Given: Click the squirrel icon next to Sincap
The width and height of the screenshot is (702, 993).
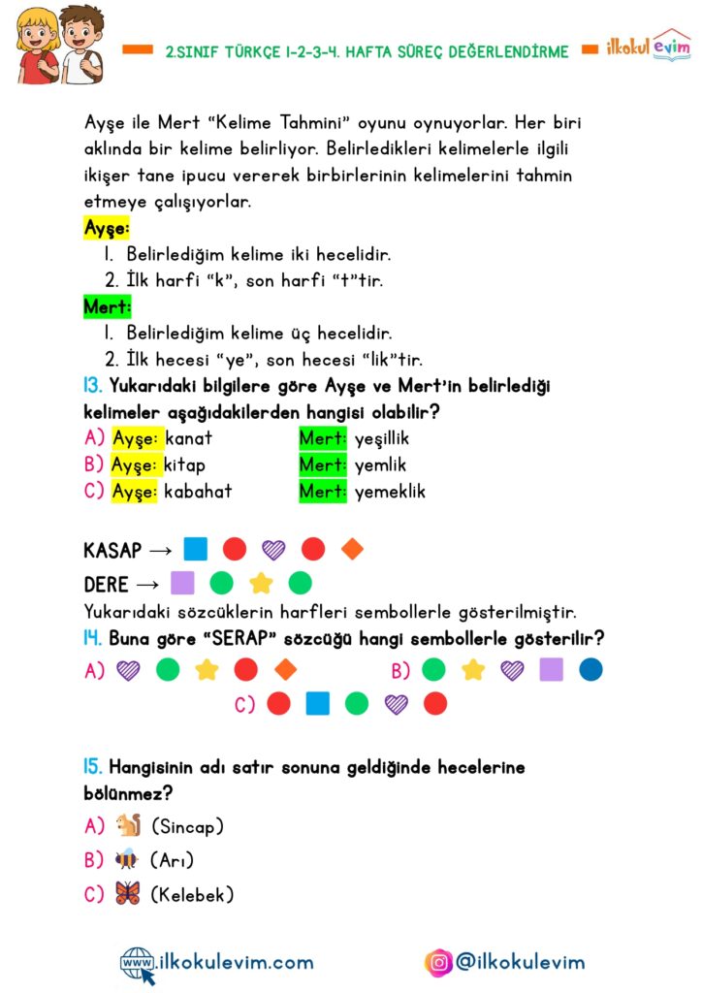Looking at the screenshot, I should point(128,826).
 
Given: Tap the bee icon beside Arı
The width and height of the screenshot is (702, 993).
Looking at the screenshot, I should point(127,859).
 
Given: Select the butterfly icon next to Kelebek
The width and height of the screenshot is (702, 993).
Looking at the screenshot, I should point(127,893).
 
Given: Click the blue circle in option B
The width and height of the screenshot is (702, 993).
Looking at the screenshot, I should point(590,669).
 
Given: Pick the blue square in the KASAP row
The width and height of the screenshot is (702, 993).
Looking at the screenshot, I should point(195,550).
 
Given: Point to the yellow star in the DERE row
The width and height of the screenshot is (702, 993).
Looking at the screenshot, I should point(260,584).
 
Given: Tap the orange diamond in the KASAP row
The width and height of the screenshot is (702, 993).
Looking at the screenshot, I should point(353,550).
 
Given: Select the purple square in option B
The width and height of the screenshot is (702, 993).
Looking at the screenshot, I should point(551,669).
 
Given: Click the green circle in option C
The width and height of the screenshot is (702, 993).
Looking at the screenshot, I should point(357,704).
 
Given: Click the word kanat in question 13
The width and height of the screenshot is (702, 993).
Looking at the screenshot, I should point(189,438).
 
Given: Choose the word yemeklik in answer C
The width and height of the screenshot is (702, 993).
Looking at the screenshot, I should point(390,492).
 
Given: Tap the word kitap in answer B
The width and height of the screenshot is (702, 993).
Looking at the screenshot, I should point(184,464).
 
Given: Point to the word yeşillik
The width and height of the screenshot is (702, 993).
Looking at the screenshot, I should point(382,438).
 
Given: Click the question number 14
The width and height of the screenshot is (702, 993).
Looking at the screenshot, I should point(93,638).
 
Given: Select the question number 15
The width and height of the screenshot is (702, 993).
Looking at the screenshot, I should point(93,767).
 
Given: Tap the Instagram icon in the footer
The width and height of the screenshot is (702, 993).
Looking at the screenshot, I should point(439,962).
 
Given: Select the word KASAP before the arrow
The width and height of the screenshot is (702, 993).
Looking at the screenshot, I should point(112,551).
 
